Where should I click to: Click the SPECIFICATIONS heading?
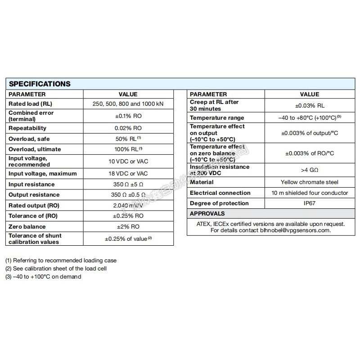point(40,84)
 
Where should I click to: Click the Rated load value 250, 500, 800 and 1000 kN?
point(128,104)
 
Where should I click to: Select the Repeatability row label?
point(27,128)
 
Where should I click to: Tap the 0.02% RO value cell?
point(128,128)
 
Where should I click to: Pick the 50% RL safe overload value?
point(128,139)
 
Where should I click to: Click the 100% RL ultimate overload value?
point(128,149)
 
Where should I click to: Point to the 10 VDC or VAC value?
point(128,161)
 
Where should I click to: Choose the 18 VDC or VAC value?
point(128,174)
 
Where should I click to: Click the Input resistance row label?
point(31,184)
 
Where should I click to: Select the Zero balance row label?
point(27,227)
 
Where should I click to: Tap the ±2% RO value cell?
point(128,227)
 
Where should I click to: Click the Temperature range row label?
point(218,117)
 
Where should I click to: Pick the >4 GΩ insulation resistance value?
point(309,170)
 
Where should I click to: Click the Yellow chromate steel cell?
point(309,182)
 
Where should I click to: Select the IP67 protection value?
point(309,203)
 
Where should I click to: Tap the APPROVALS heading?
point(207,214)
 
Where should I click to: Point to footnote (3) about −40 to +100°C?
point(43,277)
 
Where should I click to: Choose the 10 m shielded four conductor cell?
point(309,193)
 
